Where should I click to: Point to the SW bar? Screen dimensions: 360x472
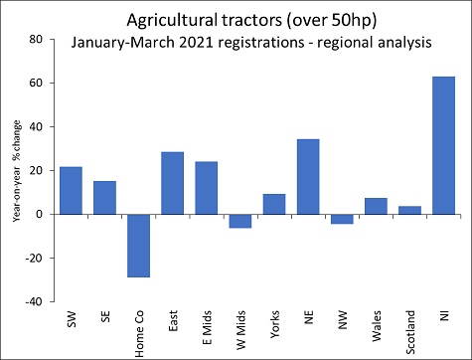(x=71, y=190)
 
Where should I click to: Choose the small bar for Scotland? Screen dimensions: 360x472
(x=409, y=210)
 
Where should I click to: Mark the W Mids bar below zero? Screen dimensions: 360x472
(x=240, y=221)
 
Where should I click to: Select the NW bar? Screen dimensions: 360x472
(x=342, y=219)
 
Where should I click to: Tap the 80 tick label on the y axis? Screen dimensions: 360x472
(x=37, y=40)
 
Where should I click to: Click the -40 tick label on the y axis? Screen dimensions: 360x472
(x=34, y=301)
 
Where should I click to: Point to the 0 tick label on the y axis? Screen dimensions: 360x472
(x=41, y=214)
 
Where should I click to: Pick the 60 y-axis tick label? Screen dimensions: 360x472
(x=37, y=84)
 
